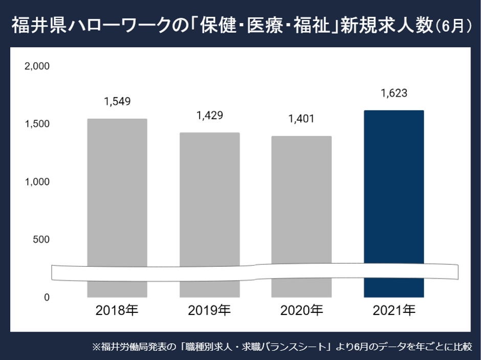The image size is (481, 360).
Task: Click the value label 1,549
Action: (117, 101)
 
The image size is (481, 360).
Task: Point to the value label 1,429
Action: (209, 115)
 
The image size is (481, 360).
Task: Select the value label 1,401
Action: (301, 119)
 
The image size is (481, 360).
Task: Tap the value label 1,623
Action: (393, 93)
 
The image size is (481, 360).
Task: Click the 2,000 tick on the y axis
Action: (37, 66)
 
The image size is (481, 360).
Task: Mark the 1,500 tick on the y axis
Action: (37, 124)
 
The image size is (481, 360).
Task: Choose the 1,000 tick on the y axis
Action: (37, 182)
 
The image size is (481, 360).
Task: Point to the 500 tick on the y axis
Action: (40, 239)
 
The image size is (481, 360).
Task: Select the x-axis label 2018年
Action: (117, 310)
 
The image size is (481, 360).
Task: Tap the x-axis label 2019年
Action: (209, 310)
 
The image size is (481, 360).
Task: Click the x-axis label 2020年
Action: (301, 310)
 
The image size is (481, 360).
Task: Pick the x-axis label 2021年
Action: (393, 310)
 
